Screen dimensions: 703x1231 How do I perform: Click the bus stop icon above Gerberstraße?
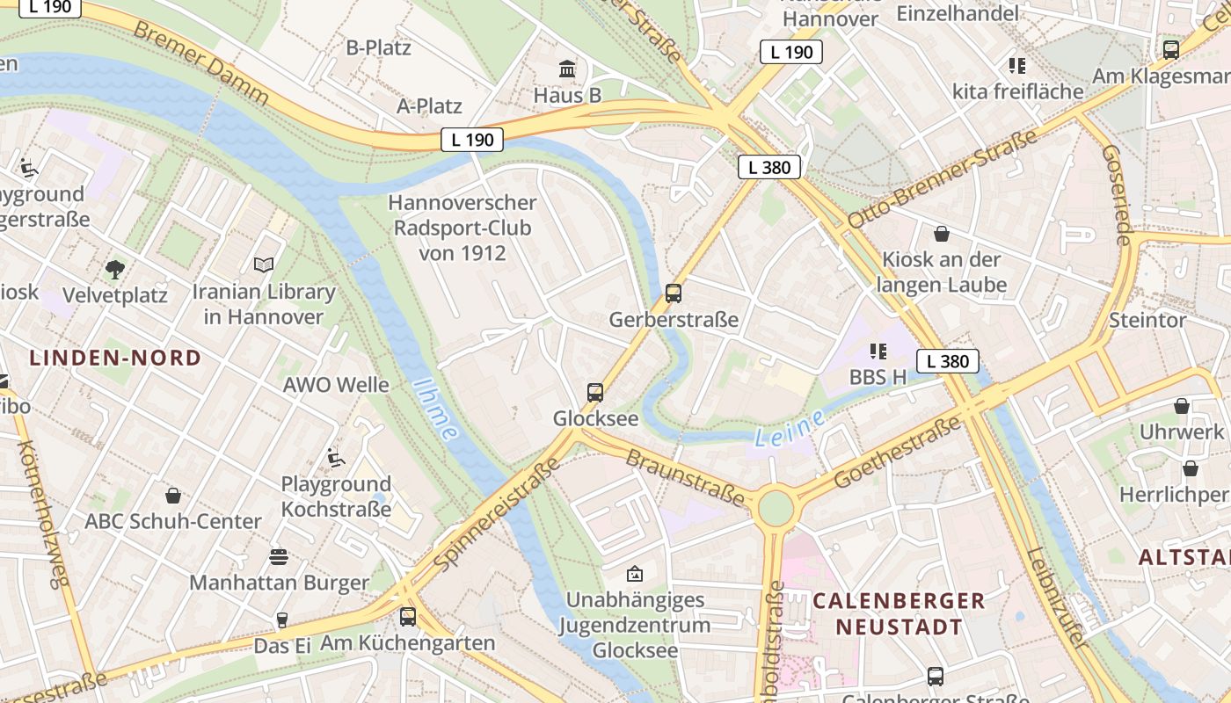pyautogui.click(x=674, y=294)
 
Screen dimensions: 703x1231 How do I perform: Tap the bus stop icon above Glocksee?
pyautogui.click(x=595, y=393)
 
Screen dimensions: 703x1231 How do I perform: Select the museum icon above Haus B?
pyautogui.click(x=567, y=69)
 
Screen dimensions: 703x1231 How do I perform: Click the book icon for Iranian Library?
pyautogui.click(x=264, y=265)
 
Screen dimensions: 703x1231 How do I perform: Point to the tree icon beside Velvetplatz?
pyautogui.click(x=114, y=269)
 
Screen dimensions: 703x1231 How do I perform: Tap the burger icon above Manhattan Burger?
pyautogui.click(x=279, y=556)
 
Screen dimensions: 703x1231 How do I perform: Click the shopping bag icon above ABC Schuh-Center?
pyautogui.click(x=173, y=496)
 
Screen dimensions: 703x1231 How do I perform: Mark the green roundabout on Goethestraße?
pyautogui.click(x=776, y=508)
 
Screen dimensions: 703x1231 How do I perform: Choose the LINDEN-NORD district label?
pyautogui.click(x=115, y=359)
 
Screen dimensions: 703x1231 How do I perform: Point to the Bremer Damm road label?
pyautogui.click(x=201, y=62)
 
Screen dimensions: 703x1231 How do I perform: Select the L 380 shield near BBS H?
pyautogui.click(x=948, y=361)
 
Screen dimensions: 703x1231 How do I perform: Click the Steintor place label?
pyautogui.click(x=1147, y=320)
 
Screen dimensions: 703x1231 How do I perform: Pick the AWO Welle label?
pyautogui.click(x=336, y=385)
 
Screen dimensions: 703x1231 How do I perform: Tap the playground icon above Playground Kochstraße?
pyautogui.click(x=335, y=457)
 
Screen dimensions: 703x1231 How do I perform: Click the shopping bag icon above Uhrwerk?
pyautogui.click(x=1182, y=406)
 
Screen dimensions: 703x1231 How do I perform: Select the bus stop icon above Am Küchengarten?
pyautogui.click(x=408, y=617)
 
